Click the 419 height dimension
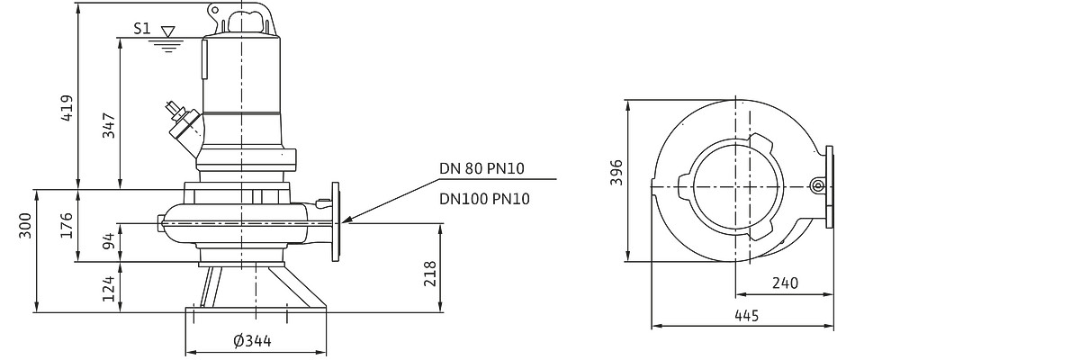click(67, 107)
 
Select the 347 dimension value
click(109, 125)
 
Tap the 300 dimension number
click(25, 225)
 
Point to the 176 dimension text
click(67, 225)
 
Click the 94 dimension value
click(110, 241)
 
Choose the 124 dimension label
click(110, 288)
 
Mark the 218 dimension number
click(429, 274)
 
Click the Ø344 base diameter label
click(252, 341)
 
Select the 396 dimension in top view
click(616, 172)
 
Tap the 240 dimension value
click(786, 283)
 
